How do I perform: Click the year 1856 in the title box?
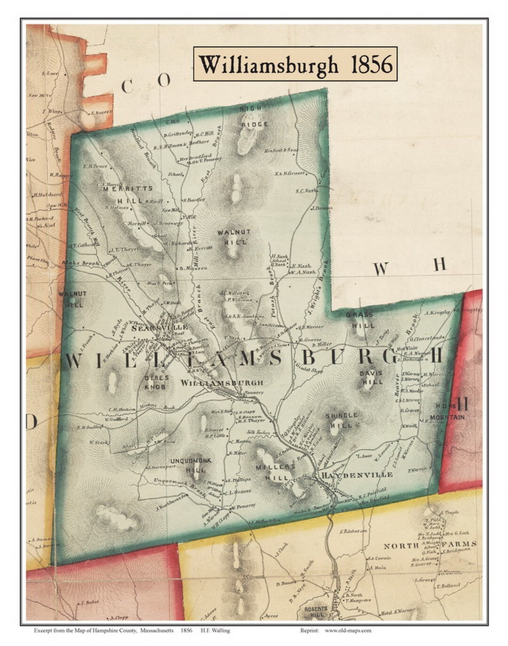[372, 64]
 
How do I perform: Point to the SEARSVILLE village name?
[150, 328]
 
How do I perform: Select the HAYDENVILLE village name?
[357, 475]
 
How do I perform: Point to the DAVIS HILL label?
[372, 377]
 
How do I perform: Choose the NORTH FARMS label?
[430, 545]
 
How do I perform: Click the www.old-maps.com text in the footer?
[348, 630]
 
